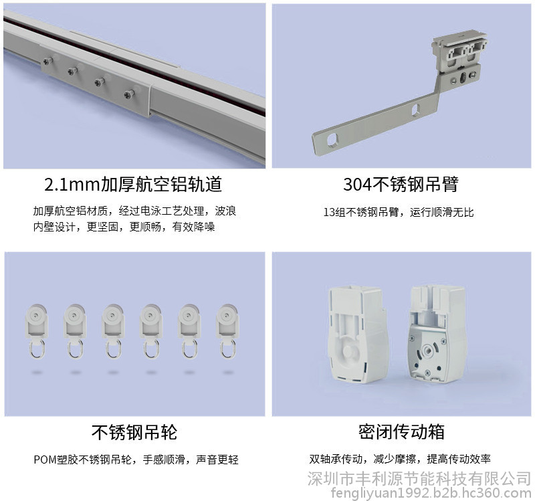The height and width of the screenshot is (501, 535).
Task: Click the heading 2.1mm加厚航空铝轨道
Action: pos(133,185)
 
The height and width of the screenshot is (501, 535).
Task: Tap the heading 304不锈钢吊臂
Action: pos(401,185)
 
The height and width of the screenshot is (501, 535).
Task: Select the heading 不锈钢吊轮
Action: pos(134,432)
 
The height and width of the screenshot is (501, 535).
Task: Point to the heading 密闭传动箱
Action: pos(401,431)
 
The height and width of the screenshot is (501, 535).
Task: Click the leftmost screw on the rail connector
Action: pos(47,61)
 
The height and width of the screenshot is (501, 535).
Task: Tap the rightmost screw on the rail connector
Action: pos(129,94)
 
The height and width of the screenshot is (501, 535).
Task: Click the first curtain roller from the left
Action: pos(37,331)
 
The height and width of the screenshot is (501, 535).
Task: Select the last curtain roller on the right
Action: pos(227,331)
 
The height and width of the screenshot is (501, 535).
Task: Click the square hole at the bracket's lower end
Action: pos(332,139)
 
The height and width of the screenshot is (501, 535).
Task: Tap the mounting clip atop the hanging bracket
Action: pos(459,52)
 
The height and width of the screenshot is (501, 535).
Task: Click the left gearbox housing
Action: pos(356,334)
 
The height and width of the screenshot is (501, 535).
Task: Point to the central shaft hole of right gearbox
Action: pos(426,350)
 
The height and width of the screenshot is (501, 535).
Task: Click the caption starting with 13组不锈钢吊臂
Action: pos(399,212)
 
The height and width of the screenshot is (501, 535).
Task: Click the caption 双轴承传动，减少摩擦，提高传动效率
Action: pos(400,459)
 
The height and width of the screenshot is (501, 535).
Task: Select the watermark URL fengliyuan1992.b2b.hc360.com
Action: pos(431,493)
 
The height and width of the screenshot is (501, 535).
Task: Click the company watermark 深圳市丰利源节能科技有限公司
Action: pos(419,478)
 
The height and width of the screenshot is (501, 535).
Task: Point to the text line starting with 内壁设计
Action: pos(124,227)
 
